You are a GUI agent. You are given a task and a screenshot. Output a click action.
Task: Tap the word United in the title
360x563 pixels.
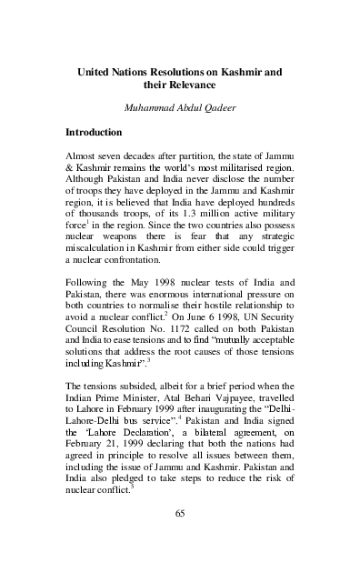tap(95, 68)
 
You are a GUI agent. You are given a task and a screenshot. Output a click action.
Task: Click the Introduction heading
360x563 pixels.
tap(100, 132)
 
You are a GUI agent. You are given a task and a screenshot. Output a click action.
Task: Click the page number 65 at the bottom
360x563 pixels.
tap(179, 539)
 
